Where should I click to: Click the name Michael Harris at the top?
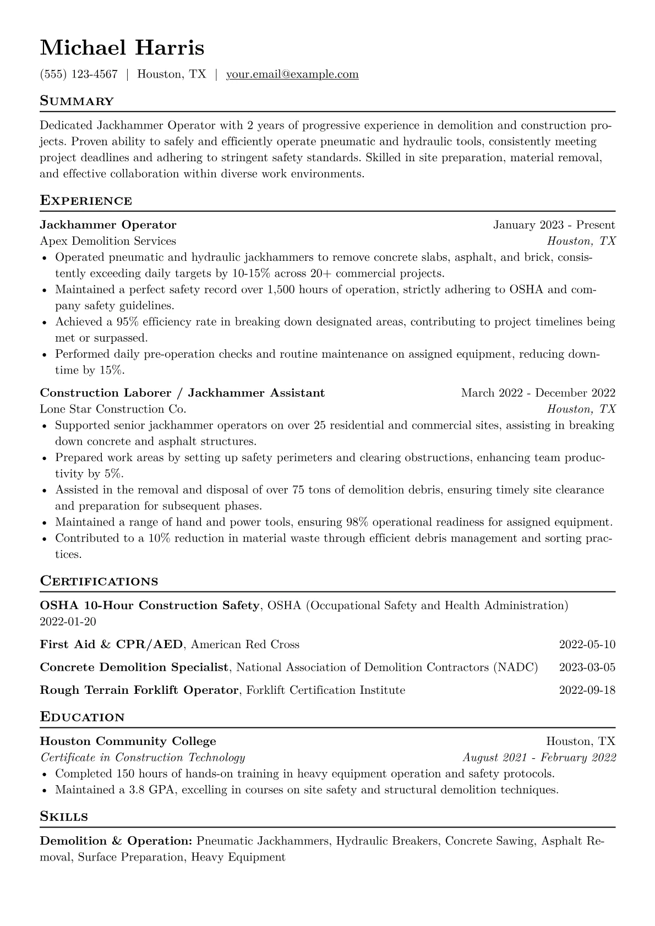(122, 48)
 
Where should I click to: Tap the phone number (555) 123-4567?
(79, 74)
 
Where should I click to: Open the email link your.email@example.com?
(292, 74)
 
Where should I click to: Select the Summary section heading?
(77, 101)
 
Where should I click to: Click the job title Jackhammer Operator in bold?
(108, 224)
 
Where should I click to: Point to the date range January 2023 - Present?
(554, 224)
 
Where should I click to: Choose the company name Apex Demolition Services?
(108, 241)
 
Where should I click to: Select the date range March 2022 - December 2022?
(538, 393)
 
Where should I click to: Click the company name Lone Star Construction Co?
(113, 409)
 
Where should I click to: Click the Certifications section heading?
(99, 582)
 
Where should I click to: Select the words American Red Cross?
(245, 644)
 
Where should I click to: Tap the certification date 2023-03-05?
(587, 667)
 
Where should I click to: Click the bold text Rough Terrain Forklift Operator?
(139, 690)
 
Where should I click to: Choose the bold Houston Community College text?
(128, 741)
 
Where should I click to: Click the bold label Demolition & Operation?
(116, 841)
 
